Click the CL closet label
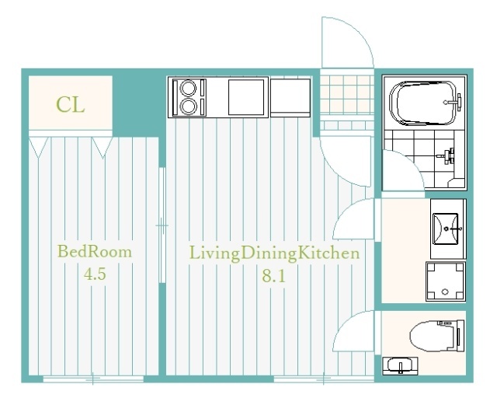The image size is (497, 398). click(71, 104)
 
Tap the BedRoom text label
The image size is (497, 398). click(95, 252)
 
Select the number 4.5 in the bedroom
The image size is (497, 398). click(95, 274)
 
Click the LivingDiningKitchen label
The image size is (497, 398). click(274, 254)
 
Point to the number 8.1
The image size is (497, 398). click(273, 276)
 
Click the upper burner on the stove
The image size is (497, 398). click(188, 88)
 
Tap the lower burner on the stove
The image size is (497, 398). click(188, 106)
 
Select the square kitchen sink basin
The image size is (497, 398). click(246, 97)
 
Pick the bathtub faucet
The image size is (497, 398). click(454, 102)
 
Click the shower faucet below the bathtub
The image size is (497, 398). click(447, 155)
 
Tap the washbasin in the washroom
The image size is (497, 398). click(446, 229)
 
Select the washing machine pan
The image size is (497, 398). click(445, 281)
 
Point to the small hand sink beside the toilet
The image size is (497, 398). click(400, 365)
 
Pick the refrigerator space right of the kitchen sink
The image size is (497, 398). click(290, 98)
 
